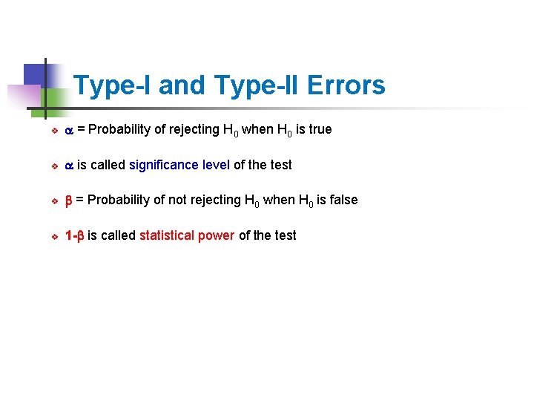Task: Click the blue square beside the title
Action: pos(35,74)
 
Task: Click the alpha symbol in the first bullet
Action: pos(69,130)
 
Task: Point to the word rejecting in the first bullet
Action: pos(193,129)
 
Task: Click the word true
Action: pos(320,129)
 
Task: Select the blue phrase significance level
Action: pos(179,165)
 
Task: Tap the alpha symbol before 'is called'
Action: pos(69,166)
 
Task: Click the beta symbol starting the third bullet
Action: pos(69,200)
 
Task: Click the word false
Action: pos(343,200)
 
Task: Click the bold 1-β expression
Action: pos(73,235)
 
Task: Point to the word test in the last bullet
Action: pos(285,235)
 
